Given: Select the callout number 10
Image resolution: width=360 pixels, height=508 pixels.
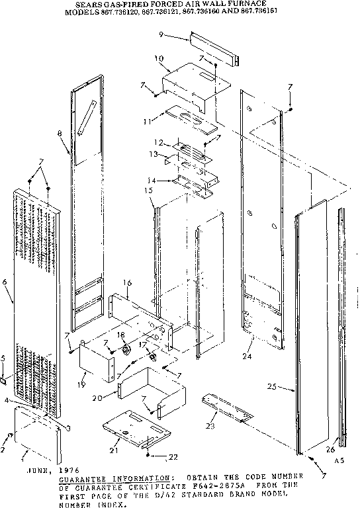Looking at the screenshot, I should pos(159,59).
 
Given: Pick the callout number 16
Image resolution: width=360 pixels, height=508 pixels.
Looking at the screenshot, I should pos(127,282).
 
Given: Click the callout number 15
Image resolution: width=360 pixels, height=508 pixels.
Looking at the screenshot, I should pos(149,190).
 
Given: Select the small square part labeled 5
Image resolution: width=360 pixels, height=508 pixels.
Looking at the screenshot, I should pos(6,382).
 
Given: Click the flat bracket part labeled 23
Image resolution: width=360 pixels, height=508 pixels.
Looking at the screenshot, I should pos(228,407).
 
